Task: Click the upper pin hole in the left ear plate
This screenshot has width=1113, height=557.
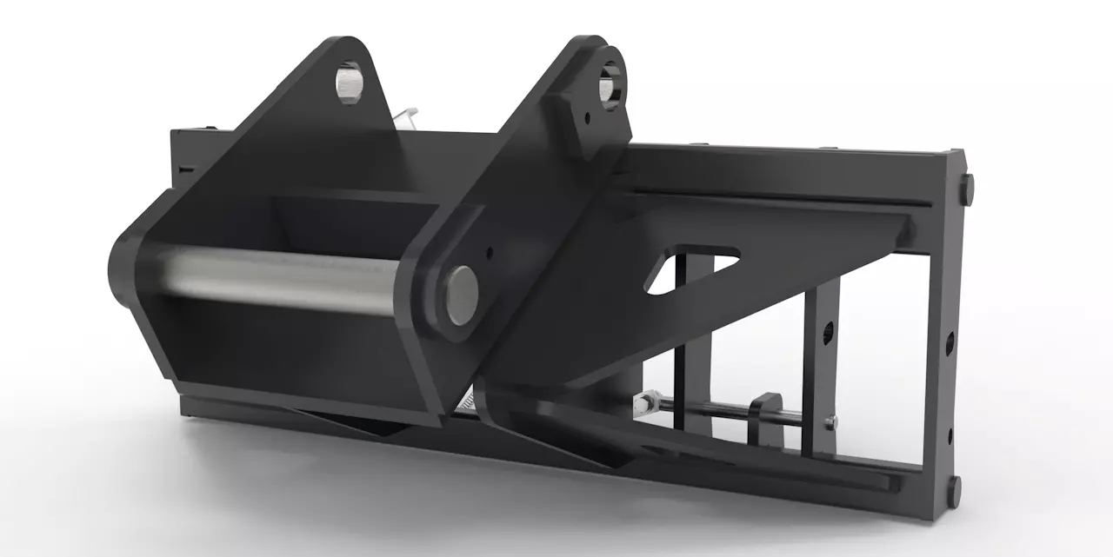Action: pyautogui.click(x=350, y=83)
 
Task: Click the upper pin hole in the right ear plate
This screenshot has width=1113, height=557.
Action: pyautogui.click(x=609, y=87)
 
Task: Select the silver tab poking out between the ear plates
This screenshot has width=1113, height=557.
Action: pyautogui.click(x=405, y=116)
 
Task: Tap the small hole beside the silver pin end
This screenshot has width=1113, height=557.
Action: pyautogui.click(x=490, y=254)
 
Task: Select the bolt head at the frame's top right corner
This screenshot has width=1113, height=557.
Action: pyautogui.click(x=966, y=189)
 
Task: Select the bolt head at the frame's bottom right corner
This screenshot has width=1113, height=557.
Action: pyautogui.click(x=954, y=491)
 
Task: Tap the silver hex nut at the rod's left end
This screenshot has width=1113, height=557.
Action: pyautogui.click(x=643, y=403)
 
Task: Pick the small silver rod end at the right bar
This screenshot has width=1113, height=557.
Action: pyautogui.click(x=830, y=423)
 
